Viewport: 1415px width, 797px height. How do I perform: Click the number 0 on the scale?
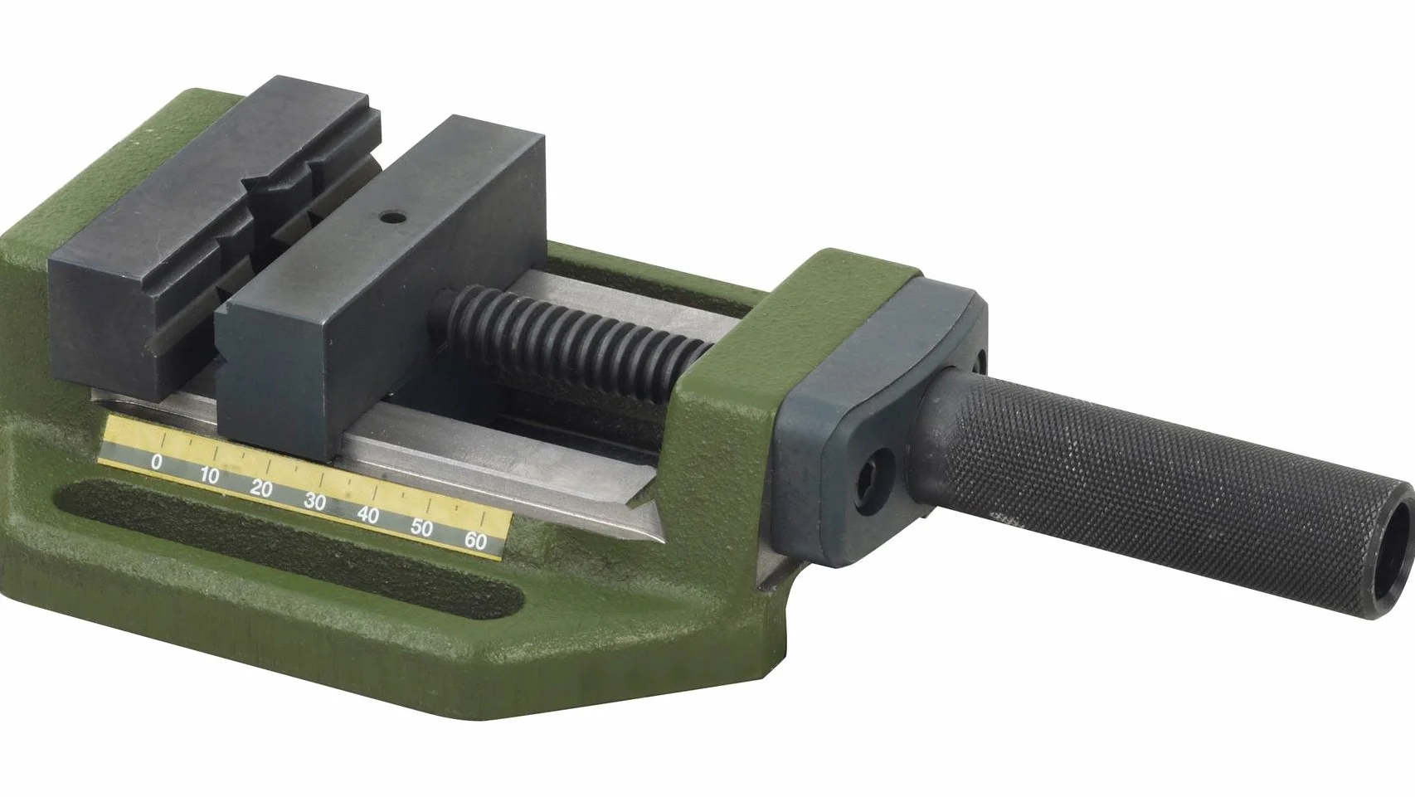[x=157, y=462]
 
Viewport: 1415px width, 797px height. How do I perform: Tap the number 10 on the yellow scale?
[x=209, y=475]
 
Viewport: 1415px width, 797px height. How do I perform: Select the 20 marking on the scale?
[x=261, y=488]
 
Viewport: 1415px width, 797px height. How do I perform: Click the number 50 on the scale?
[x=422, y=527]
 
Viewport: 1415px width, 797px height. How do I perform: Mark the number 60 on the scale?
[x=475, y=542]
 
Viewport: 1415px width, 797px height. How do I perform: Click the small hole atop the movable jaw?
[x=393, y=218]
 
